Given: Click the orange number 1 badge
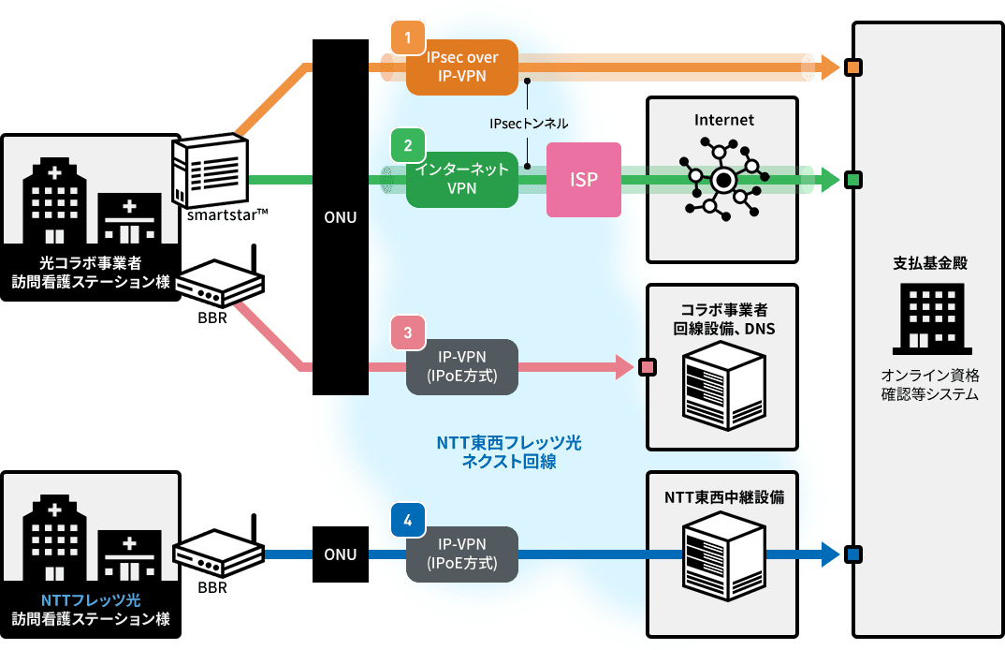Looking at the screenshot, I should (408, 38).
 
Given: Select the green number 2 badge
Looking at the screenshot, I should (408, 145).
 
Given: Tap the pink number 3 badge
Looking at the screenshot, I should (408, 332).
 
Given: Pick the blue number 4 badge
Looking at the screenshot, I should (408, 520).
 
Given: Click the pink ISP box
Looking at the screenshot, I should (584, 179).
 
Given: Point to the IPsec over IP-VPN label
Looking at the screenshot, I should (462, 66).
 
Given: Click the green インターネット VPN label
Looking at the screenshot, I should (462, 179).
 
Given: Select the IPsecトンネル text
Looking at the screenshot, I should (529, 123).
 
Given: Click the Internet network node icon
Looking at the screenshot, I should (723, 179).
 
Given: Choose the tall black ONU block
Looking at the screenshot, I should (340, 217).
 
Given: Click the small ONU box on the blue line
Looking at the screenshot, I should (340, 554).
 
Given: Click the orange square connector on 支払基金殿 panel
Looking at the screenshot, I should (852, 67).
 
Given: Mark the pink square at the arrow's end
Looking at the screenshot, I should (646, 366).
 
